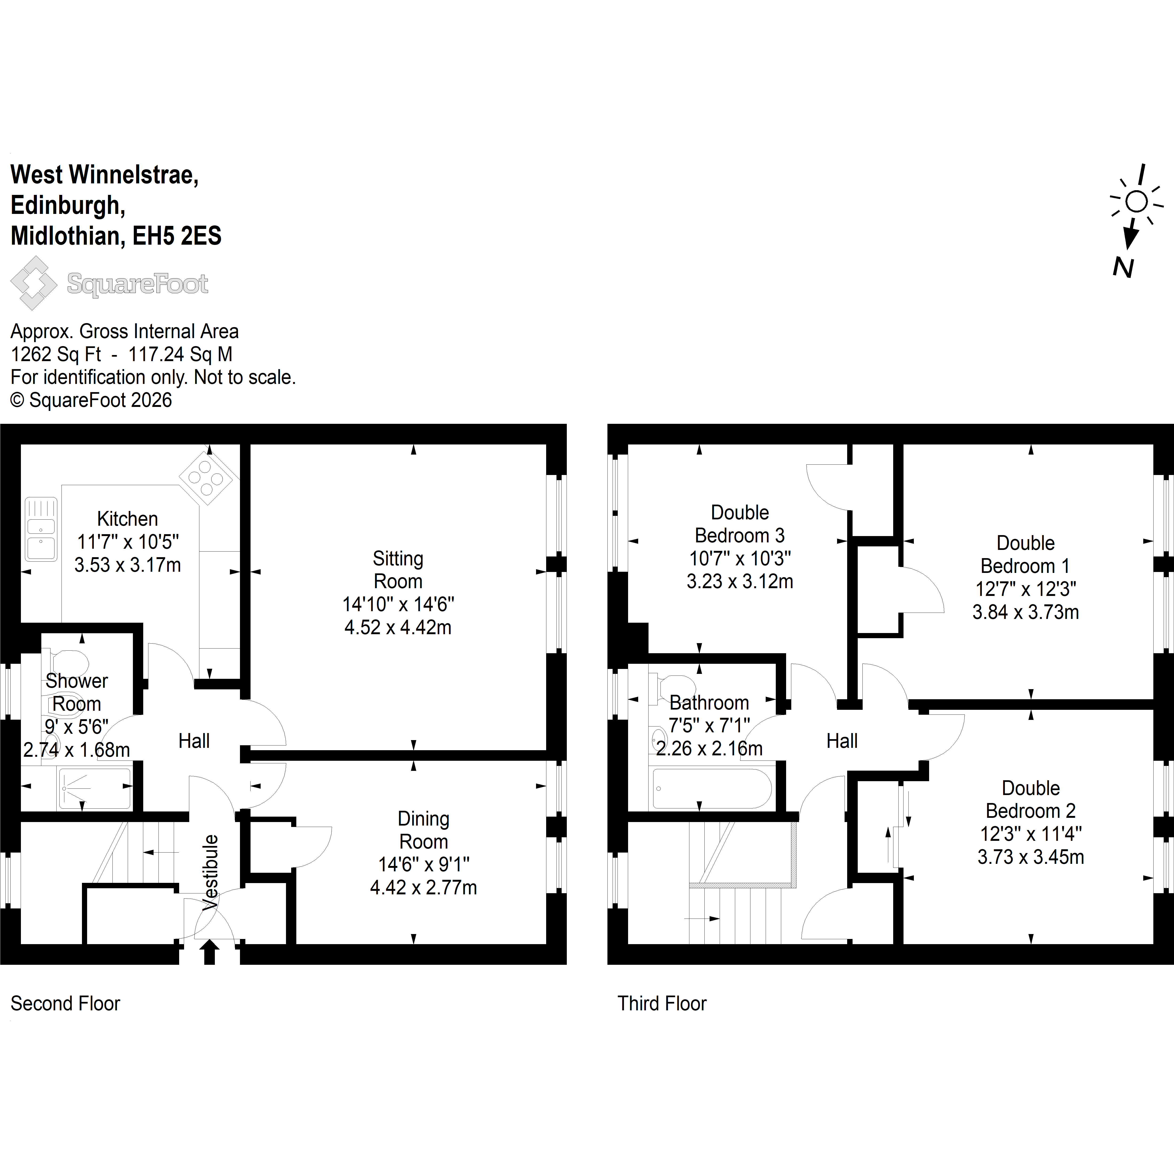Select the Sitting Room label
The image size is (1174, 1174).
click(398, 569)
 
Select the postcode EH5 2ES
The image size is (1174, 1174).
click(177, 236)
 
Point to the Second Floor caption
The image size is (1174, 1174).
click(66, 1003)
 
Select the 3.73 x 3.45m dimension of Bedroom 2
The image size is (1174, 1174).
click(1031, 857)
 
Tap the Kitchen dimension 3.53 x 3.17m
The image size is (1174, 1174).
click(127, 565)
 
